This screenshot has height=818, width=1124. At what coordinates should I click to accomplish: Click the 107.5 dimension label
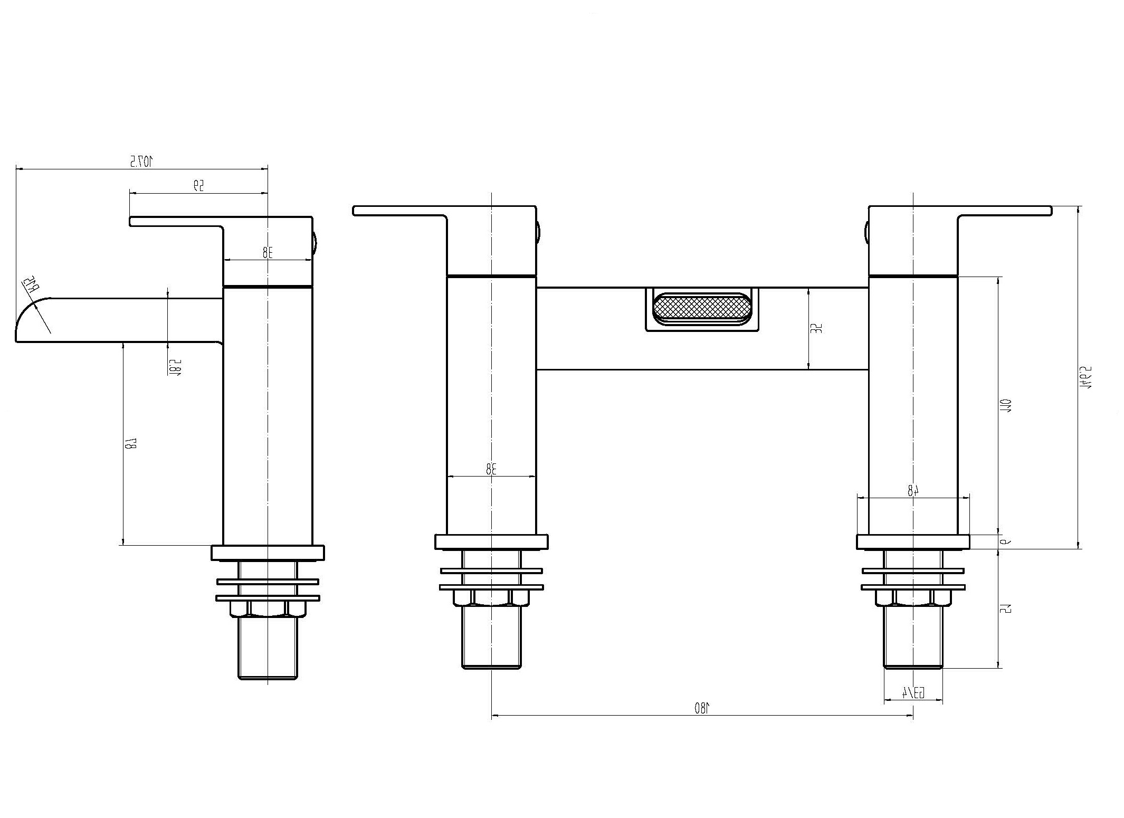pyautogui.click(x=141, y=161)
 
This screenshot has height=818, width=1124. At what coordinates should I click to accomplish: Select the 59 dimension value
pyautogui.click(x=198, y=185)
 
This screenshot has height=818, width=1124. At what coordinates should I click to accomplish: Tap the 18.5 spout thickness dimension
pyautogui.click(x=176, y=367)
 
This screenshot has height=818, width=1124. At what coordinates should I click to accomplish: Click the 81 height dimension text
pyautogui.click(x=130, y=444)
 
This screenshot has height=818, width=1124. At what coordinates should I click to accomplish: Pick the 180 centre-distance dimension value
pyautogui.click(x=702, y=708)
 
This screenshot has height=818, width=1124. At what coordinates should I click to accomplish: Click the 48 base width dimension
pyautogui.click(x=913, y=490)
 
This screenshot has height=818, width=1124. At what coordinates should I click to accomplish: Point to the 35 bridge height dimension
pyautogui.click(x=816, y=328)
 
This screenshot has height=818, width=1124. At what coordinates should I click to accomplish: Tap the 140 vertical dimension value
pyautogui.click(x=1005, y=405)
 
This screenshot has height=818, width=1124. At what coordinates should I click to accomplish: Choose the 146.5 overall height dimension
pyautogui.click(x=1085, y=377)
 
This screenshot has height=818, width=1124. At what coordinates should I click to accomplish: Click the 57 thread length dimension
pyautogui.click(x=1005, y=608)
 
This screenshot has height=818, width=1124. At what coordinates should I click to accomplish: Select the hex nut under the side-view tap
pyautogui.click(x=268, y=609)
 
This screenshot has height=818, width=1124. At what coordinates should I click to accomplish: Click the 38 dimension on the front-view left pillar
pyautogui.click(x=491, y=468)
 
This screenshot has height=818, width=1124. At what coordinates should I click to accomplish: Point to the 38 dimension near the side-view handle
pyautogui.click(x=268, y=252)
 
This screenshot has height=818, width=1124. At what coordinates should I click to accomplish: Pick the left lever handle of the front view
pyautogui.click(x=401, y=211)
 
